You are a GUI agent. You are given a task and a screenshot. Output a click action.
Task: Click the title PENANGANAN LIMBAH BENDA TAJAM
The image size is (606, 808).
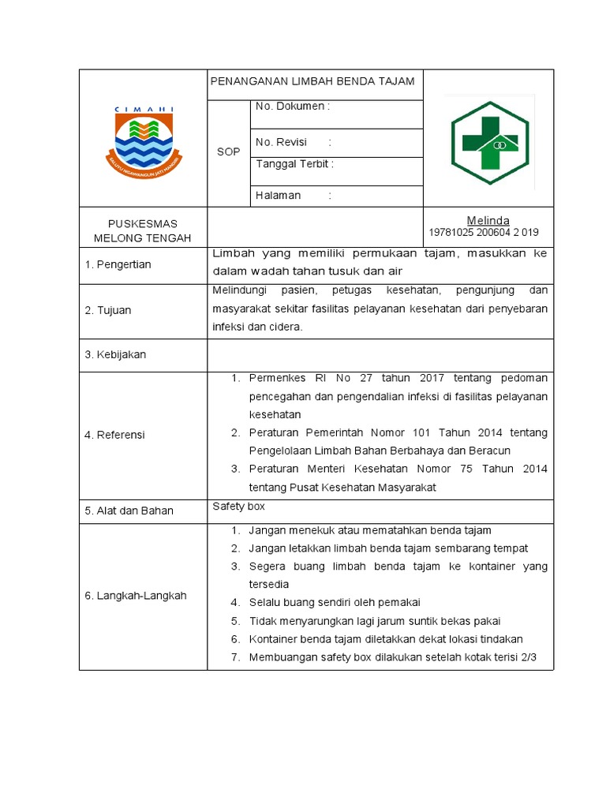312,82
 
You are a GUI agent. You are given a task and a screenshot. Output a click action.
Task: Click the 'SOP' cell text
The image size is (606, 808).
228,151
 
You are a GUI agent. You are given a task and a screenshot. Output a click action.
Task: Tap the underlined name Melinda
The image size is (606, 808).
488,220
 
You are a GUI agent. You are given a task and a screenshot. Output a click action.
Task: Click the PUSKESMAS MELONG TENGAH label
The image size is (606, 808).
143,231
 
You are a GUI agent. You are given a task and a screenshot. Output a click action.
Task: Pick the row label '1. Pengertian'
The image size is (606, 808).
118,264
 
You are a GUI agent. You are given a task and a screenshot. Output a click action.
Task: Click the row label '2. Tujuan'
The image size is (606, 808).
108,310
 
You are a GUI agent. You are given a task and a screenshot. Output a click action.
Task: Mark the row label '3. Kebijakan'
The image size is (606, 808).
115,355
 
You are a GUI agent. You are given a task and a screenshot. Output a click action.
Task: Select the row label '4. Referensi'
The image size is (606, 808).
115,435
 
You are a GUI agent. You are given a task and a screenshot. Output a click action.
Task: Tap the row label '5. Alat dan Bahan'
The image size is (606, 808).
129,511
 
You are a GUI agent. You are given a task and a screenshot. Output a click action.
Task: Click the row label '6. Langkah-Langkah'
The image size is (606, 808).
135,596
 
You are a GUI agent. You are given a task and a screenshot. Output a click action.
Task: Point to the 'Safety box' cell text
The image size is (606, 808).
238,507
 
